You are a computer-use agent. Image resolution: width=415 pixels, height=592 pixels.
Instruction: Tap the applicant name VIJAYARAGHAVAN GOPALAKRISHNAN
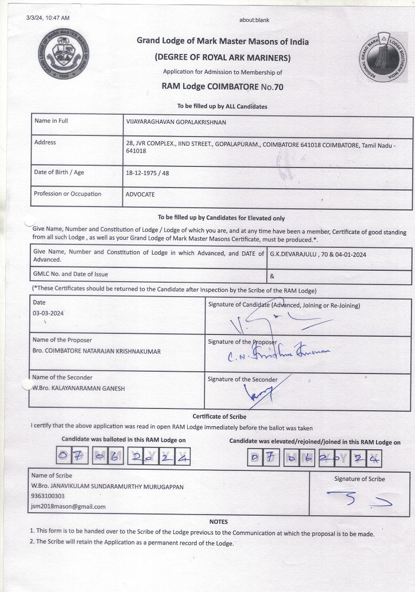click(x=176, y=122)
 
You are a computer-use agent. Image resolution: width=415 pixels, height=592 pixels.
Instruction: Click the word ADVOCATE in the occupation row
click(x=140, y=194)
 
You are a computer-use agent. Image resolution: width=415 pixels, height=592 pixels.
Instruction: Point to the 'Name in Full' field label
click(x=51, y=121)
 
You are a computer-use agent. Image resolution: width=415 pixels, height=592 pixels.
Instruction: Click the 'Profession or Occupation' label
click(x=67, y=194)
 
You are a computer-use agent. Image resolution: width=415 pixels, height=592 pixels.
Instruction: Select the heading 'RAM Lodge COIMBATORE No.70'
click(x=222, y=87)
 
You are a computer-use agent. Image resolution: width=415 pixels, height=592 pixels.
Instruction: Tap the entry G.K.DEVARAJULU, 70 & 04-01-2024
click(x=317, y=253)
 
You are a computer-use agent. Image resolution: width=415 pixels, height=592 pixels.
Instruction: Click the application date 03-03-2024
click(x=48, y=314)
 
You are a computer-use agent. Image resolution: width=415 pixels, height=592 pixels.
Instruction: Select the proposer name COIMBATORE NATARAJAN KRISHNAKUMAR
click(x=96, y=351)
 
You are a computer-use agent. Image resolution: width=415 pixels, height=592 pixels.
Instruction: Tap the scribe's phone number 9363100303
click(x=48, y=496)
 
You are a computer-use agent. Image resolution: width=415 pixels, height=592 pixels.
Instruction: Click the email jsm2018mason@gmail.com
click(x=68, y=507)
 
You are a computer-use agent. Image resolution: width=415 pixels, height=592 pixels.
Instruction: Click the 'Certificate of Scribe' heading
click(x=219, y=416)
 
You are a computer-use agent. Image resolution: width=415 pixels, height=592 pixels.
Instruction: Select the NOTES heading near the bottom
click(x=219, y=522)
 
